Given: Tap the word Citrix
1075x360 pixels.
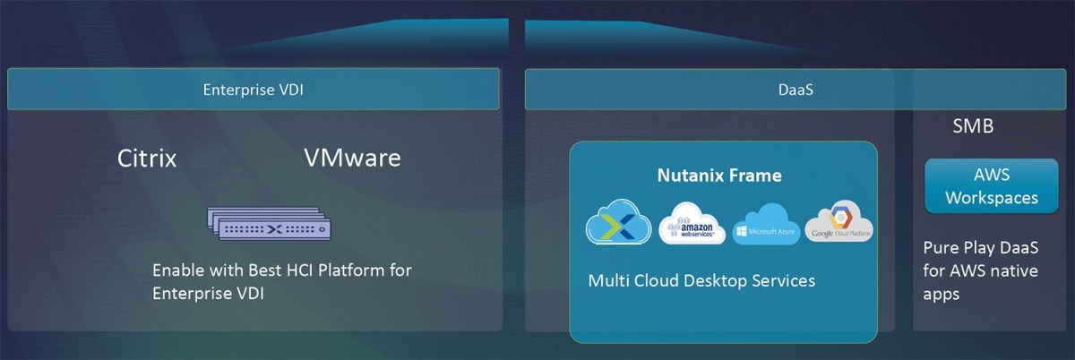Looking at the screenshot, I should [147, 159].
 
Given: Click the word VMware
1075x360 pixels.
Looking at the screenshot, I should [352, 159].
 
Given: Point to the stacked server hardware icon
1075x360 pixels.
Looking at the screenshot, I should [271, 223].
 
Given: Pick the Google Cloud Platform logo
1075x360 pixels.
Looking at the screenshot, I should [838, 222].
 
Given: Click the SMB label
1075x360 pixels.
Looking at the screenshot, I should [973, 127].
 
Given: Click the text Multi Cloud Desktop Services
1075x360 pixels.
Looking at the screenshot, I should [701, 281].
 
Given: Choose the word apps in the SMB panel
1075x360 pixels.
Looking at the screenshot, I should [942, 293].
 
